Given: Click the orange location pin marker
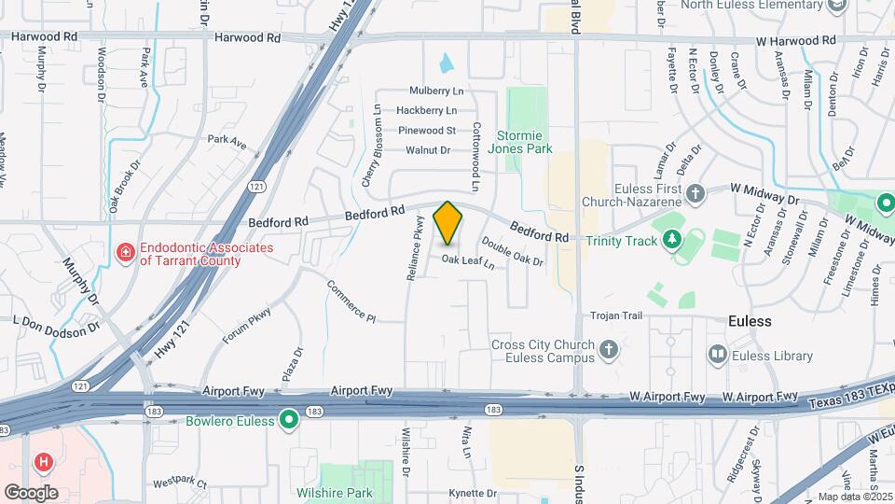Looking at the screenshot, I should (448, 223).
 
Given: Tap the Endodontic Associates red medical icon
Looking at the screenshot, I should (125, 253).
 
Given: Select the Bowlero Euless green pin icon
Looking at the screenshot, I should (289, 421).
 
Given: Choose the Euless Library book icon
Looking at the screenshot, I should (717, 355).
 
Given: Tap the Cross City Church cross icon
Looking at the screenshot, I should (608, 350).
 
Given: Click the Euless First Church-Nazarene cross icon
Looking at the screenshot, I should (695, 194).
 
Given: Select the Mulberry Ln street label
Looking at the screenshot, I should (436, 91).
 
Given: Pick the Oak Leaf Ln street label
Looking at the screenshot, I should (468, 262).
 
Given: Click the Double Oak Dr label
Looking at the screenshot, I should (514, 255).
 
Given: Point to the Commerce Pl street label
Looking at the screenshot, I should (351, 301).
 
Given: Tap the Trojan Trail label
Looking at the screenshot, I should (616, 316).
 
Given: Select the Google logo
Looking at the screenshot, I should (31, 493).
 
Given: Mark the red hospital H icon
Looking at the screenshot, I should (42, 462).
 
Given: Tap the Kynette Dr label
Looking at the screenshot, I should (473, 493).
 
